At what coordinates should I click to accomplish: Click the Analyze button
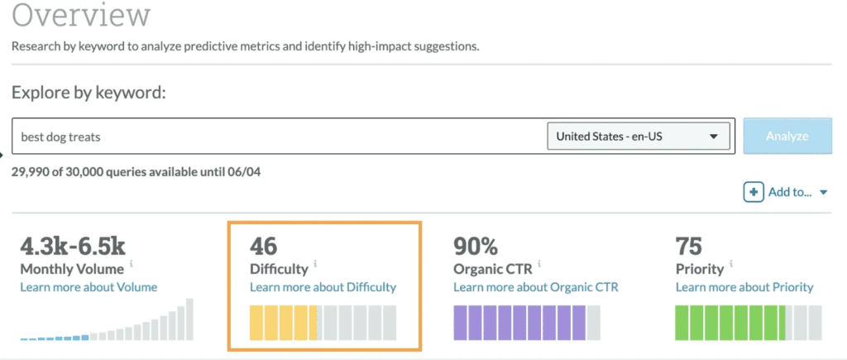787,136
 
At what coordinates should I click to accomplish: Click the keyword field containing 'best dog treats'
273,137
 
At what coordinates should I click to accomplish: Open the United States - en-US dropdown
638,137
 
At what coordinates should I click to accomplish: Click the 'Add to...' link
791,192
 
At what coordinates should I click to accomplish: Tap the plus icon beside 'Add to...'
753,192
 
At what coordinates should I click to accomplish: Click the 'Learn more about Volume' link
89,287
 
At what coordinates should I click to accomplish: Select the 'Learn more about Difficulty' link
323,287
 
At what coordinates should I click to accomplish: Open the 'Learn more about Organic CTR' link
535,287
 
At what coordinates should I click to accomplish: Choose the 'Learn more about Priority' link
744,287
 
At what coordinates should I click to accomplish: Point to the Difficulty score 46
263,246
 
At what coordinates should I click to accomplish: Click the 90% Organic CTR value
476,246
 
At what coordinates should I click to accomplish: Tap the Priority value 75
688,246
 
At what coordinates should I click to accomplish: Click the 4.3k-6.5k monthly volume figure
73,246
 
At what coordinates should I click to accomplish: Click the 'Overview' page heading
81,16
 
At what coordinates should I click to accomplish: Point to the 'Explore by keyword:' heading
89,92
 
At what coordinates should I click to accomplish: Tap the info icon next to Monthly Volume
132,265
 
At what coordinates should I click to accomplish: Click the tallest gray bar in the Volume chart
189,319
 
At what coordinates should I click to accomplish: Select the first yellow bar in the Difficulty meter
256,323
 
